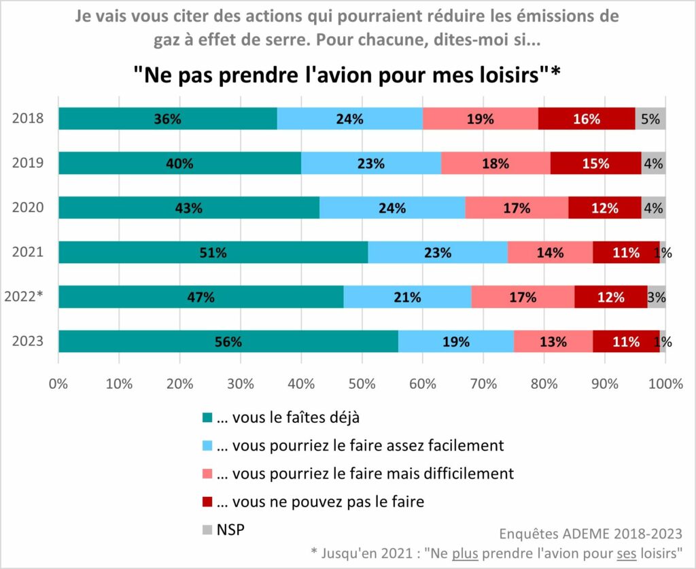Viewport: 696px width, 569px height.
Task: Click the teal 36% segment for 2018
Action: pos(167,118)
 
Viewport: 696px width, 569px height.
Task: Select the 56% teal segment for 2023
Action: pos(228,341)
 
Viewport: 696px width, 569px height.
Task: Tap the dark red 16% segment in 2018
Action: pos(587,118)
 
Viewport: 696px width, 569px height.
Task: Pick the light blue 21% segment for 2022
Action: pos(407,296)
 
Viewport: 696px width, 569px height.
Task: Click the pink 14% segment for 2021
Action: pos(550,252)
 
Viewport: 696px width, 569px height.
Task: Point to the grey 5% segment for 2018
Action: pos(650,118)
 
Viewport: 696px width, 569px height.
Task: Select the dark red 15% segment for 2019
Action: pos(595,163)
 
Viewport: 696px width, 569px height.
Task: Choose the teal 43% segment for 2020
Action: pos(188,208)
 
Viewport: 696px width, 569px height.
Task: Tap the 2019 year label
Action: pos(28,163)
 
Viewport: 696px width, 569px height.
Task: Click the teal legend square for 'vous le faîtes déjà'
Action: pos(207,417)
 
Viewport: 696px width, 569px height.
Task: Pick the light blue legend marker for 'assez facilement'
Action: pos(207,446)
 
